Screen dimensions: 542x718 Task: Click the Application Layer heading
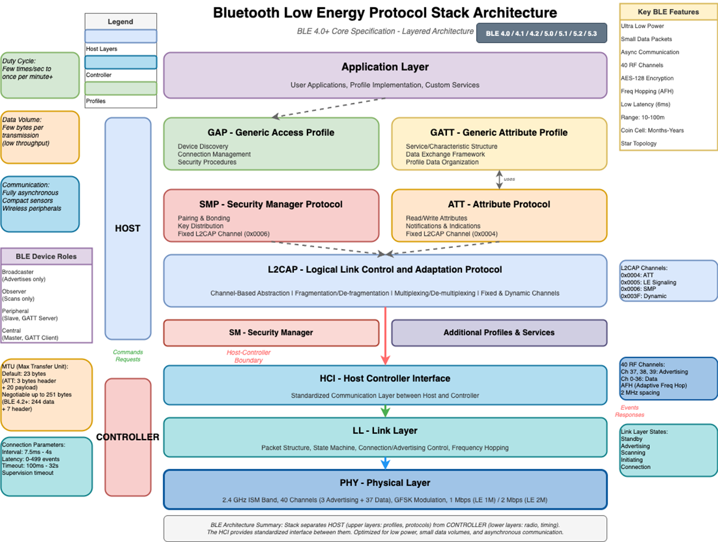385,67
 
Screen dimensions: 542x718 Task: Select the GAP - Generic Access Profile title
271,132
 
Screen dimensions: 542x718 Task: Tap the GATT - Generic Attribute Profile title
498,132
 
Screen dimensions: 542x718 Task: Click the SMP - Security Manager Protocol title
271,204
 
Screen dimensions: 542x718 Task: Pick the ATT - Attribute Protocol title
498,204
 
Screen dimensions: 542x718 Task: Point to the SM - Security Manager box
271,332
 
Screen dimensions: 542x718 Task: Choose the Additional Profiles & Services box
498,332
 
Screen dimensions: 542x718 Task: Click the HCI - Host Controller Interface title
385,379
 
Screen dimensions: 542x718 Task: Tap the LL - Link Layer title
385,431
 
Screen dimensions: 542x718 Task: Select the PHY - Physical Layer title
385,483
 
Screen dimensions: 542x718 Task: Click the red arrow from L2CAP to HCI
385,335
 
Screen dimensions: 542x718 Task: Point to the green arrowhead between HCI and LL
385,412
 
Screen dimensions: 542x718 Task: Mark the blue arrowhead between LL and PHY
385,464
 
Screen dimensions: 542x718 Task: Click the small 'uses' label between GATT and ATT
509,178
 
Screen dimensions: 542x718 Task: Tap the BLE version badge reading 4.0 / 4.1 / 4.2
541,33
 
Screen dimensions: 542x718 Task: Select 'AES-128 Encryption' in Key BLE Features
647,78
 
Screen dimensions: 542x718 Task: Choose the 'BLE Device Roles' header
47,256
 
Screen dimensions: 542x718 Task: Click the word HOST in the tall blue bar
127,228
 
